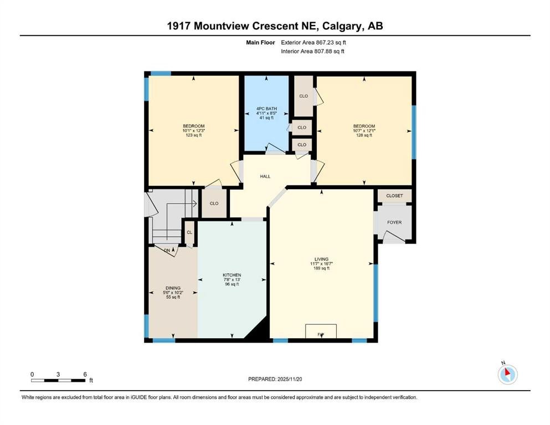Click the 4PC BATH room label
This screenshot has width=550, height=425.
pos(267,108)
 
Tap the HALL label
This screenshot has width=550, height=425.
pos(265,176)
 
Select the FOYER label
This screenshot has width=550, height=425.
pos(394,222)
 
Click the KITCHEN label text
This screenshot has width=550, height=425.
pos(232,275)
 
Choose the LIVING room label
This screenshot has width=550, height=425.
pos(321,259)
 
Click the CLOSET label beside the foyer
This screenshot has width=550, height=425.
pos(394,195)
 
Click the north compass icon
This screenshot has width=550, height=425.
pos(507,374)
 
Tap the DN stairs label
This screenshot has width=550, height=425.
pos(167,250)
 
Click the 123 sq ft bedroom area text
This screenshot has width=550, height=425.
pos(194,135)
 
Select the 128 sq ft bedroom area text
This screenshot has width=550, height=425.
pos(364,135)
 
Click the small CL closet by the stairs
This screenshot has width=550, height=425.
pos(189,232)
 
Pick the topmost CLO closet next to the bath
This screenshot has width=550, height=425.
pos(303,96)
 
